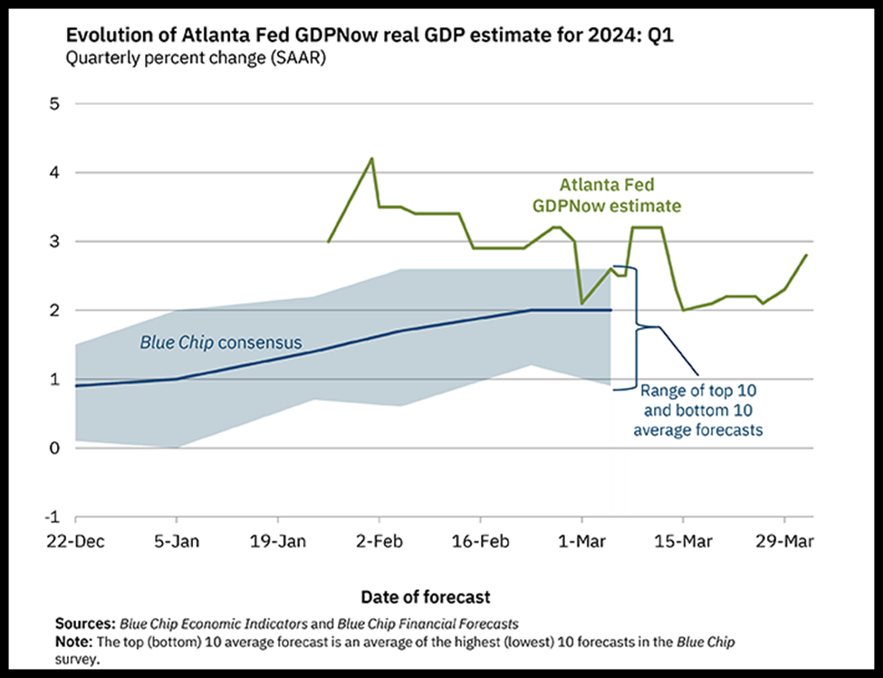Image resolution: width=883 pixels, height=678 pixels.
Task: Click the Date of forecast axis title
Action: coord(426,596)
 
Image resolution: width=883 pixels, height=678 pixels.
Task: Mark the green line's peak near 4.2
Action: coord(371,159)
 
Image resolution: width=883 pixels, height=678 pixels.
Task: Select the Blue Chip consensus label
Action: coord(220,344)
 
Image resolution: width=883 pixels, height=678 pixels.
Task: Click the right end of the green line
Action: coord(806,256)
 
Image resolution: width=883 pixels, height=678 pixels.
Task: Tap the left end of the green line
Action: coord(328,241)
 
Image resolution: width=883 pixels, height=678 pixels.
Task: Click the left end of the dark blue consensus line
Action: coord(76,386)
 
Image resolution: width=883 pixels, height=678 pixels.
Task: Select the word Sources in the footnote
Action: coord(84,625)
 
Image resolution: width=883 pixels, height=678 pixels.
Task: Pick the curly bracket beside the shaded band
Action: coord(637,326)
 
